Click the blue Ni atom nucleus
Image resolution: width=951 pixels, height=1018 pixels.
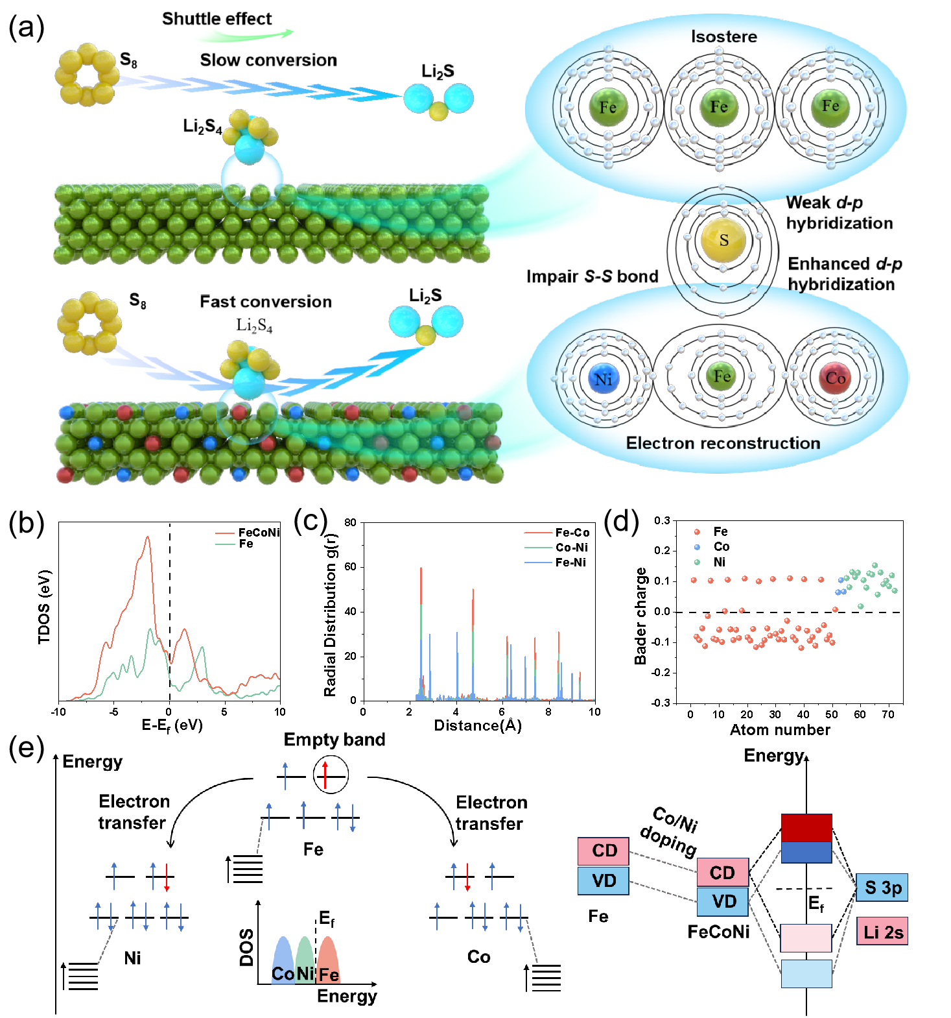(604, 379)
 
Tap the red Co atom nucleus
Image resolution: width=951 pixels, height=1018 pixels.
(835, 378)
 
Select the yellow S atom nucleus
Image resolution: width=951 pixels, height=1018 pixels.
(723, 240)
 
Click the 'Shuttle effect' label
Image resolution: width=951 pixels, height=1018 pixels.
(217, 19)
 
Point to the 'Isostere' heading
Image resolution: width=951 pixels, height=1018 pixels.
(723, 36)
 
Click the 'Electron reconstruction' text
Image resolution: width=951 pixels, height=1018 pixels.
(723, 443)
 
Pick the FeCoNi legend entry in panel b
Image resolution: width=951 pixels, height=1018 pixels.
(258, 533)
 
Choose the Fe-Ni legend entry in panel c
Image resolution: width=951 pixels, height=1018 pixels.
(570, 563)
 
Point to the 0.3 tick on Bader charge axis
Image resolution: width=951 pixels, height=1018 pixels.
(662, 520)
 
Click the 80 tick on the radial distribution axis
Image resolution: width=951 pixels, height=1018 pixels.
(350, 522)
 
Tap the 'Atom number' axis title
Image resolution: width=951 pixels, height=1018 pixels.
(780, 730)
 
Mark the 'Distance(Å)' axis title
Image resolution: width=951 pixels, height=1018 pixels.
(478, 725)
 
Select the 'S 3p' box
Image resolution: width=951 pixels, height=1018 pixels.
(882, 888)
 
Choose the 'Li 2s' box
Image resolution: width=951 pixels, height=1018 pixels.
(882, 932)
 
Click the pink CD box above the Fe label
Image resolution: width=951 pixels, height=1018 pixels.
(604, 851)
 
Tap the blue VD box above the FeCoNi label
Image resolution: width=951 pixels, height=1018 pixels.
(723, 901)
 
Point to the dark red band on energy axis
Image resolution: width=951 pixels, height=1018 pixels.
(806, 828)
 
